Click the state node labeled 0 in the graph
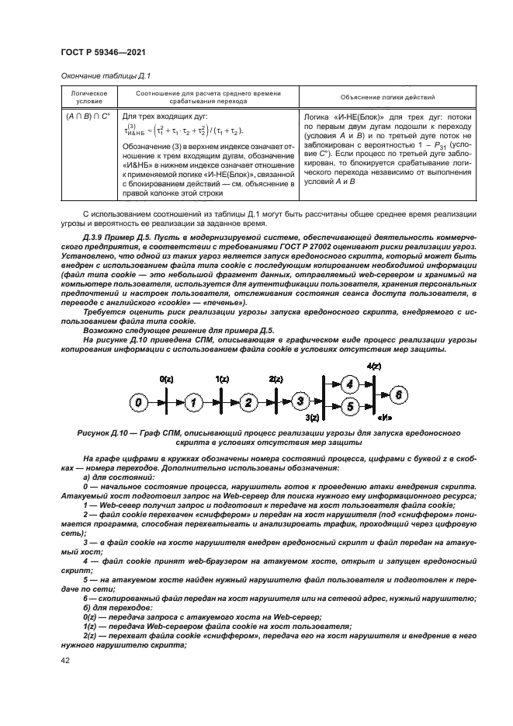click(138, 402)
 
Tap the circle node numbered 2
click(248, 402)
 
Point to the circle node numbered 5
click(349, 405)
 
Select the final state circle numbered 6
click(399, 394)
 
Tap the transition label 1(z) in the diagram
click(222, 378)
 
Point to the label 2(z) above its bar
click(276, 378)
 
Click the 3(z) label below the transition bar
click(313, 418)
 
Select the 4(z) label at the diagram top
click(373, 366)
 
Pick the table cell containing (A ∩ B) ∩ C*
click(83, 115)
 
